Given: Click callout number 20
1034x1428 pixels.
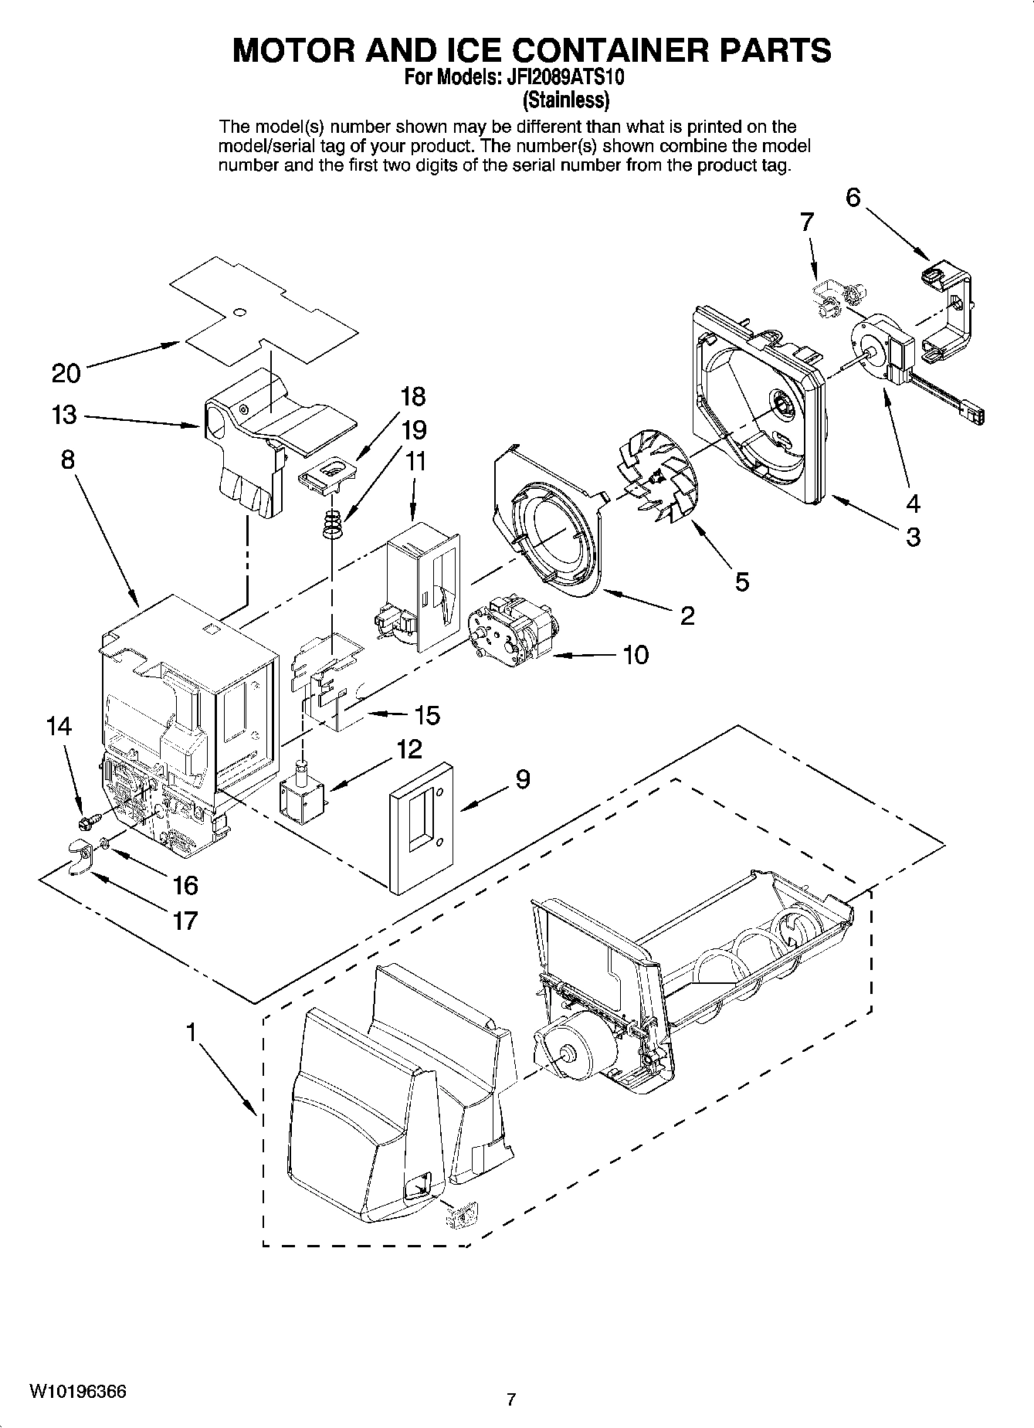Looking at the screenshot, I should point(66,374).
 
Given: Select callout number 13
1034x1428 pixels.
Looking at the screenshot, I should point(65,416).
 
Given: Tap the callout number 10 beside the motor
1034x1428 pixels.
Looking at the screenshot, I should point(635,656).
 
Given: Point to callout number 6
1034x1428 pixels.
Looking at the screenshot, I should point(853,198).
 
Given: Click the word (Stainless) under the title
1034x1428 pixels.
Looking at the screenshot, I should point(566,100).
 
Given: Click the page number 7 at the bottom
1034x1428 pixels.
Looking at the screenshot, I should point(510,1399).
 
